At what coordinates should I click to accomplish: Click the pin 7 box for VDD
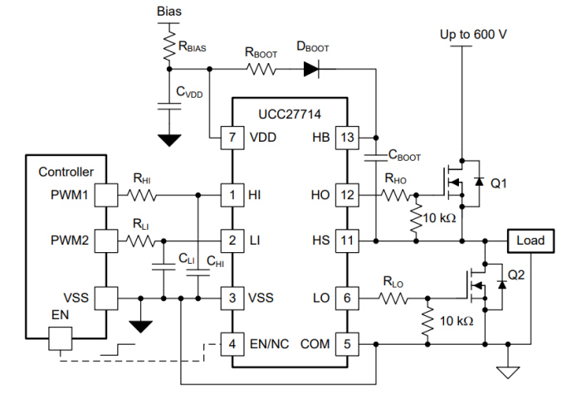pos(229,137)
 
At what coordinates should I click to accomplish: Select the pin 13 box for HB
pos(347,137)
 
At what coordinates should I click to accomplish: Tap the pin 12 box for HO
pos(347,196)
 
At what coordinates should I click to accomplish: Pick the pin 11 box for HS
pos(347,240)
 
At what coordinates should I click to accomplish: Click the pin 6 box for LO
pos(347,298)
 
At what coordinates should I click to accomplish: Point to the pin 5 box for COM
pos(347,342)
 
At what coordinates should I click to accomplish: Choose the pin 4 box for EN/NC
pos(229,342)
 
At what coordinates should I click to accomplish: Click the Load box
pos(530,240)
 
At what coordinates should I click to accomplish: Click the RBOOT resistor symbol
pos(261,71)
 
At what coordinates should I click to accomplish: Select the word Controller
pos(66,172)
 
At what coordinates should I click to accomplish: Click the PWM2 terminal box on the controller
pos(106,240)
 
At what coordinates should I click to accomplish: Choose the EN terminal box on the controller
pos(61,338)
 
